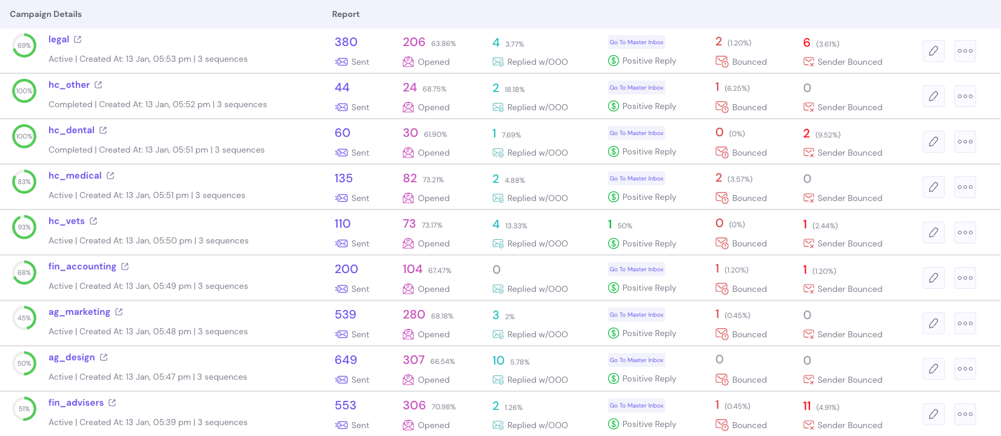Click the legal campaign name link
[x=59, y=39]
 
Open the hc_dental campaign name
[x=72, y=130]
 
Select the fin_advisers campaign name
[x=76, y=403]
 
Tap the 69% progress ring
[x=24, y=45]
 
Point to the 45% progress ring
[x=24, y=318]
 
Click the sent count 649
[x=346, y=360]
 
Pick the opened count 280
[x=413, y=315]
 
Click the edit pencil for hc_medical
[x=933, y=187]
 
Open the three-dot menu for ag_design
[x=965, y=369]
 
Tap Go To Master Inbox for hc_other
[x=637, y=88]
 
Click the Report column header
[x=346, y=14]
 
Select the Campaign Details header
[x=45, y=14]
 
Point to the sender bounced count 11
[x=807, y=406]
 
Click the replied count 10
[x=498, y=361]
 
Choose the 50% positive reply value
[x=624, y=225]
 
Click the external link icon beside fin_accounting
[x=125, y=266]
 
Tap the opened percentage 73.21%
[x=433, y=180]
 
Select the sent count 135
[x=344, y=179]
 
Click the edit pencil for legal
[x=933, y=51]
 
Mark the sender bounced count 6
[x=807, y=42]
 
